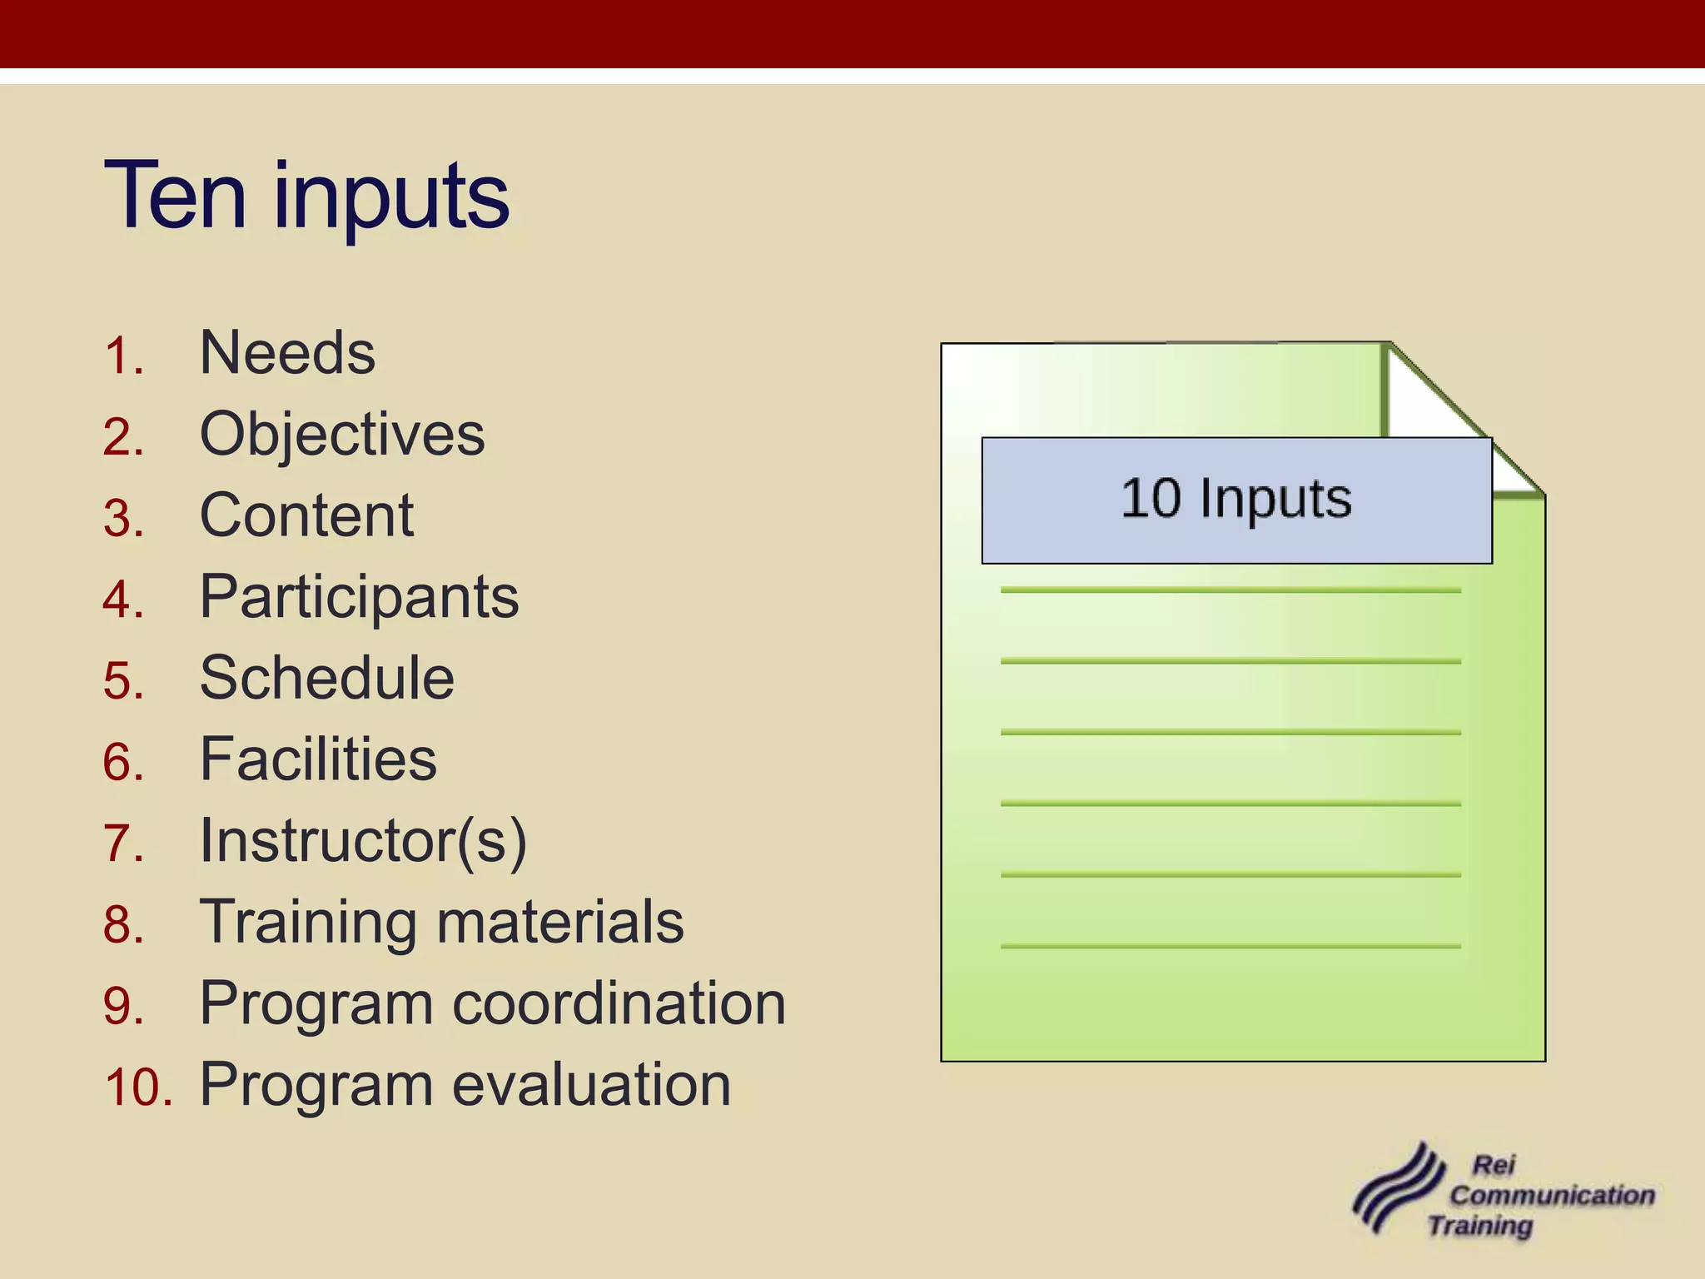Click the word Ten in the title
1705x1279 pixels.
(x=175, y=197)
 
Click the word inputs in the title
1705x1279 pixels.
(x=391, y=200)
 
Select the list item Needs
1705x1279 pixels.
(x=287, y=353)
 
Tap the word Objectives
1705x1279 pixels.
(x=342, y=435)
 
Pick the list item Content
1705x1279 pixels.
(x=306, y=515)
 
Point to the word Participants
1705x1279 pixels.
(x=359, y=597)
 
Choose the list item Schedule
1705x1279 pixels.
(x=326, y=678)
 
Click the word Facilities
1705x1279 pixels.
(x=318, y=759)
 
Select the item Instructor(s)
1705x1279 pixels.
(x=363, y=840)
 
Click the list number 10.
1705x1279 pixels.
(x=137, y=1088)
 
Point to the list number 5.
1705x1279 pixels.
(x=123, y=681)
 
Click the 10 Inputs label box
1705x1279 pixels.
(x=1236, y=500)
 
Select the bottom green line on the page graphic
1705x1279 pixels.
(x=1230, y=946)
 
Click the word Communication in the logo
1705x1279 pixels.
(x=1552, y=1196)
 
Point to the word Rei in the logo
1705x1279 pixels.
(x=1494, y=1165)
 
